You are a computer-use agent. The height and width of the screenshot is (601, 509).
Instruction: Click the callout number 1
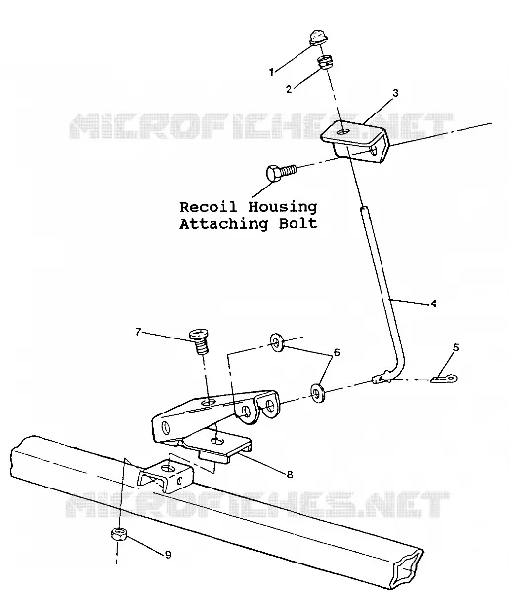coord(271,72)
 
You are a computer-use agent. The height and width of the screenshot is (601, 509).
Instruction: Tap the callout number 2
coord(289,89)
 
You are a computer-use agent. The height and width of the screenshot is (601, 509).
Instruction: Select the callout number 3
coord(395,93)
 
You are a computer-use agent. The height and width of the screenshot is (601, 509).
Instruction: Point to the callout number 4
coord(433,304)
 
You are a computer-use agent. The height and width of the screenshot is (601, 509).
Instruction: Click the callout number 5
coord(456,347)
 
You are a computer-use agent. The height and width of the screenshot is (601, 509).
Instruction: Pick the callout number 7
coord(139,332)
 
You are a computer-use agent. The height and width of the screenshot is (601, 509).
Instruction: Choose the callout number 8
coord(290,474)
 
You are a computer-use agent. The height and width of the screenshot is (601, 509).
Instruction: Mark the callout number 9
coord(168,555)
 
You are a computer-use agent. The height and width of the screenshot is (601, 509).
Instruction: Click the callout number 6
coord(337,352)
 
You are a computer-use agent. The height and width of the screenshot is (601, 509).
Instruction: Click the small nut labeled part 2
coord(325,62)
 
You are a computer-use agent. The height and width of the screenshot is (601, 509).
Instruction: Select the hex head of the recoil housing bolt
coord(273,173)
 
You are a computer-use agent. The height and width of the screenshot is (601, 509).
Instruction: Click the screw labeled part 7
coord(199,341)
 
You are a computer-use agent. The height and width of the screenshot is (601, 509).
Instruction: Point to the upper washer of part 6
coord(276,342)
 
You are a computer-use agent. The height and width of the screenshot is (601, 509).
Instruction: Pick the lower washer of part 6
coord(318,393)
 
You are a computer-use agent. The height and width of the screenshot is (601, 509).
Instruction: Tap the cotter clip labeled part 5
coord(444,379)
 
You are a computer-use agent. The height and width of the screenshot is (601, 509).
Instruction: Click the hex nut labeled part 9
coord(119,534)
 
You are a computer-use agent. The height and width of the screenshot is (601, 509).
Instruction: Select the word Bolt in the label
coord(297,223)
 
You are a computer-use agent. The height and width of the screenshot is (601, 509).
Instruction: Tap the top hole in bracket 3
coord(344,132)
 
